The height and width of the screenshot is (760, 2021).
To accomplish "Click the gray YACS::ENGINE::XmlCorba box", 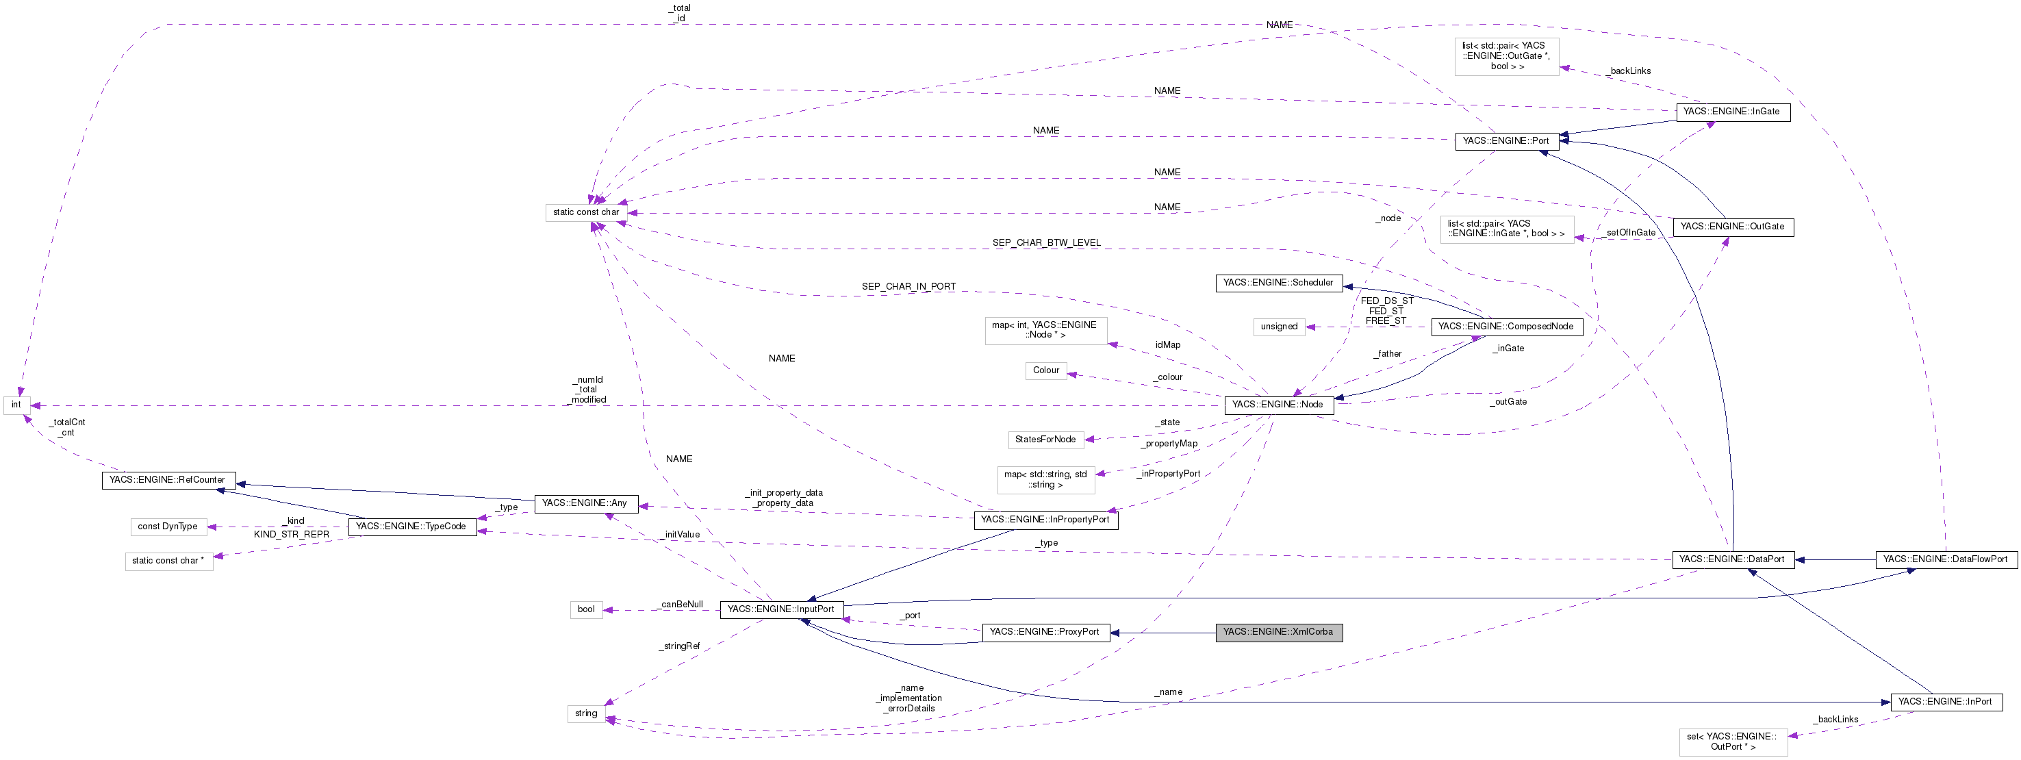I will point(1279,632).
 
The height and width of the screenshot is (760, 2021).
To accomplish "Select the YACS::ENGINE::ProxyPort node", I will point(1045,632).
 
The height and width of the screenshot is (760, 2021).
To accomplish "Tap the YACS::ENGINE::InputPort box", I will point(781,609).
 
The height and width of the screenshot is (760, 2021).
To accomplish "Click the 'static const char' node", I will point(585,212).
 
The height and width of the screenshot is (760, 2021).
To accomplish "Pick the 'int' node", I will point(16,405).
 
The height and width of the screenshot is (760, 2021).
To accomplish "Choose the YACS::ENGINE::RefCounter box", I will point(167,480).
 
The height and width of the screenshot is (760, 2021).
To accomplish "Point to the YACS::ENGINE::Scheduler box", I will point(1278,283).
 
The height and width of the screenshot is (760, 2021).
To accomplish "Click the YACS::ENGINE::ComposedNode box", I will point(1505,327).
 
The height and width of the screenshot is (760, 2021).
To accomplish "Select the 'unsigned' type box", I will point(1279,327).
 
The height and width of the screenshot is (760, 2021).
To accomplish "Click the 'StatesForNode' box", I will point(1045,440).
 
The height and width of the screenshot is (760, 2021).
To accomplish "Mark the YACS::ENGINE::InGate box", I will point(1731,112).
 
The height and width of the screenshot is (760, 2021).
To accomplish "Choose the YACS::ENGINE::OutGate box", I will point(1731,227).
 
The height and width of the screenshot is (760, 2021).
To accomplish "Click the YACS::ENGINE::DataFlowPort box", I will point(1945,560).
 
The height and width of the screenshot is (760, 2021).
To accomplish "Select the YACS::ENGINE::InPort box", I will point(1944,702).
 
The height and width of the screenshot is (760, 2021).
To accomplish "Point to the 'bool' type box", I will point(586,609).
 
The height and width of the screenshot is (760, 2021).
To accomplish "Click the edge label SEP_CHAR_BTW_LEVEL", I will point(1046,243).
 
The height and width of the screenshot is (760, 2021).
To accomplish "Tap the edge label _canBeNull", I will point(681,605).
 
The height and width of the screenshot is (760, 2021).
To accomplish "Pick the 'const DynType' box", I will point(168,527).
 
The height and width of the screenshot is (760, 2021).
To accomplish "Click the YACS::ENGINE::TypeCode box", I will point(411,527).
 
